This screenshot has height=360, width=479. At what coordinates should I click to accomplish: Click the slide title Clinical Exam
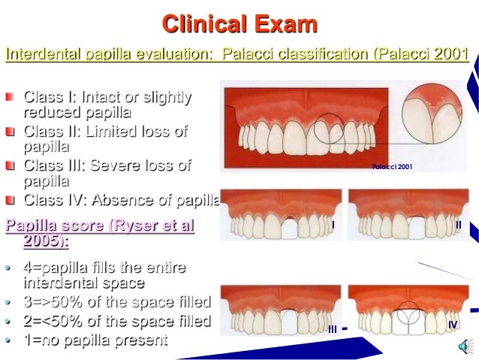point(239,24)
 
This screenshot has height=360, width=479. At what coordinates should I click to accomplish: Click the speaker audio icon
point(462,345)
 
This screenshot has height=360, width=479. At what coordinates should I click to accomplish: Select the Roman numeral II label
point(458,225)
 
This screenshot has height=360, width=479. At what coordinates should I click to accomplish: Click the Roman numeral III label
point(332,328)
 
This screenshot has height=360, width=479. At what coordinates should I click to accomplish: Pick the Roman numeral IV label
point(452,325)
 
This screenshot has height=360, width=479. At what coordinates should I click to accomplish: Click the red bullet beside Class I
point(9,98)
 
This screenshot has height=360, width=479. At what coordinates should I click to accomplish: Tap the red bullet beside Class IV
point(9,200)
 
